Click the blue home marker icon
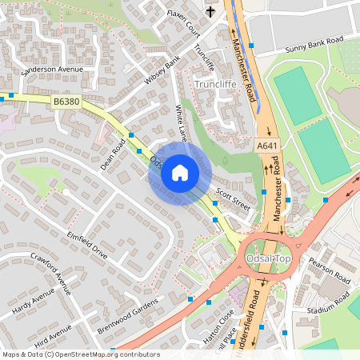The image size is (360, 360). [x=179, y=173]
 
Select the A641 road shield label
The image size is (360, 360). [x=266, y=146]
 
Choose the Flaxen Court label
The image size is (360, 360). [x=182, y=21]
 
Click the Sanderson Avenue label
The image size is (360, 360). [x=53, y=70]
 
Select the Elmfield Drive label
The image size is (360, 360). [x=88, y=245]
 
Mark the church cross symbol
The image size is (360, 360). [x=211, y=12]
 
